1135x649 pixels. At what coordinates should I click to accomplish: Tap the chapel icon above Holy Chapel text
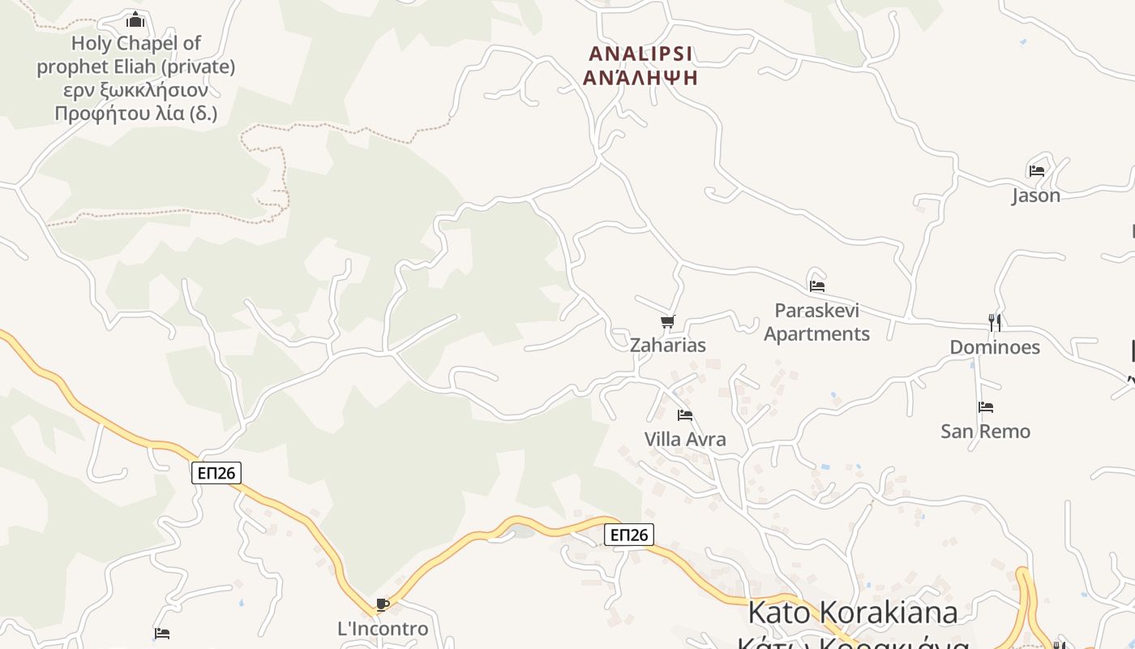pyautogui.click(x=135, y=19)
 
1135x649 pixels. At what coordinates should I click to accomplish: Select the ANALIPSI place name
pyautogui.click(x=640, y=54)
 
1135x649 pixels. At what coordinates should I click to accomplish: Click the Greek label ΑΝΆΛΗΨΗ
pyautogui.click(x=640, y=78)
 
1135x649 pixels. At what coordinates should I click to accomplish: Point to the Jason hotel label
pyautogui.click(x=1035, y=196)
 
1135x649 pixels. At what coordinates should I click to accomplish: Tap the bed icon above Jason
pyautogui.click(x=1036, y=171)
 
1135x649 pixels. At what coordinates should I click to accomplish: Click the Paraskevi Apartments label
pyautogui.click(x=816, y=322)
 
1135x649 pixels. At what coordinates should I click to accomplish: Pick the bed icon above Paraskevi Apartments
pyautogui.click(x=817, y=286)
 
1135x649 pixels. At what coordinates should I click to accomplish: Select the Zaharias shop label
pyautogui.click(x=668, y=345)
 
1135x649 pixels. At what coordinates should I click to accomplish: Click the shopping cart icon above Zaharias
pyautogui.click(x=667, y=322)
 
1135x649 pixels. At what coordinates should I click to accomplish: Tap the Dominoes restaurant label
pyautogui.click(x=995, y=347)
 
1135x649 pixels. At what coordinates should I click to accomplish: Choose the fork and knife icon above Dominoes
pyautogui.click(x=995, y=323)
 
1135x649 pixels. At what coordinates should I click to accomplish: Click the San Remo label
pyautogui.click(x=985, y=431)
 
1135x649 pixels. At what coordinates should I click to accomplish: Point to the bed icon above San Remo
pyautogui.click(x=986, y=407)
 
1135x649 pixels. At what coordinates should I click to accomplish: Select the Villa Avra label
pyautogui.click(x=685, y=439)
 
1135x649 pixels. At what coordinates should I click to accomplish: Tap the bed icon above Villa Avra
pyautogui.click(x=685, y=415)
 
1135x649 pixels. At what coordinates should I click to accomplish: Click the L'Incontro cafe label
pyautogui.click(x=383, y=629)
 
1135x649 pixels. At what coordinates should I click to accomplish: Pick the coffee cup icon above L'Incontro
pyautogui.click(x=383, y=604)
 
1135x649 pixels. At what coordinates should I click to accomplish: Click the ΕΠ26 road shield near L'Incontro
pyautogui.click(x=216, y=473)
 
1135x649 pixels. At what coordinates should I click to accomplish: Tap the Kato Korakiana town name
pyautogui.click(x=852, y=612)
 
